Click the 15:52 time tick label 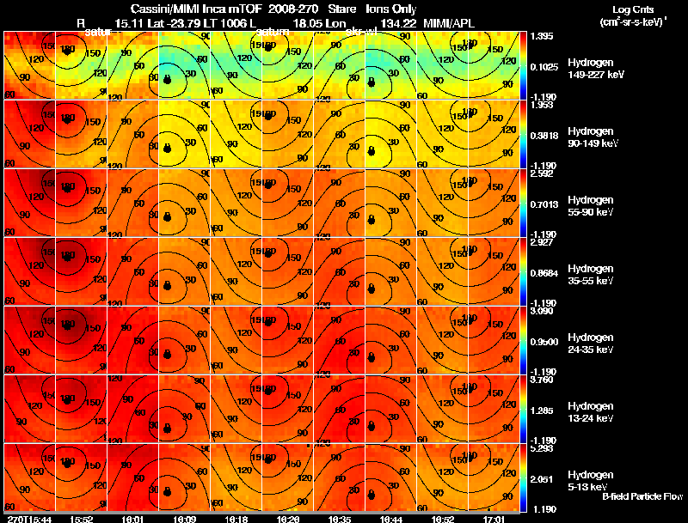coord(82,519)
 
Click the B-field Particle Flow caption coord(642,496)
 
